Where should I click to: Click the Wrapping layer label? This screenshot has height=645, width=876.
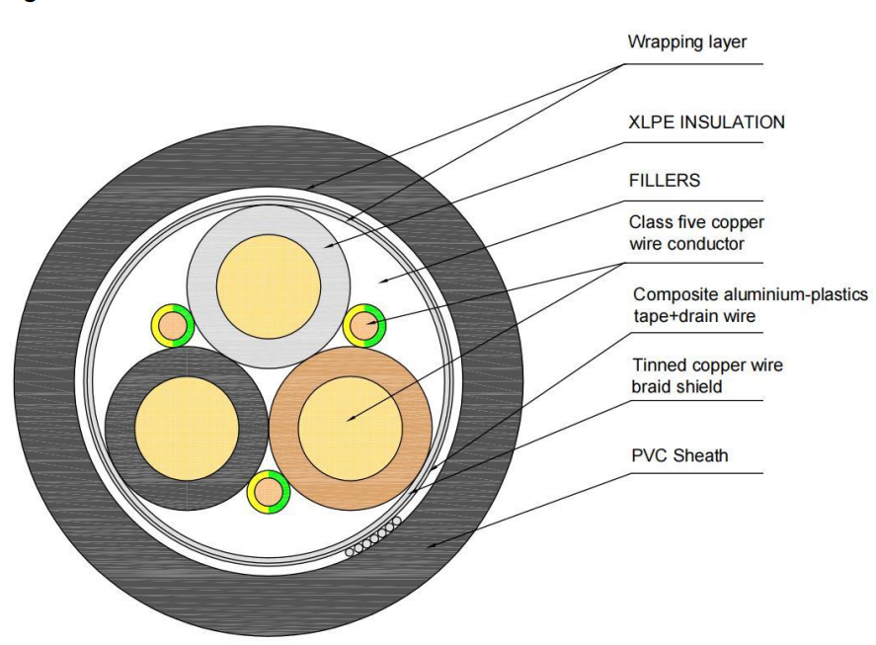tap(686, 42)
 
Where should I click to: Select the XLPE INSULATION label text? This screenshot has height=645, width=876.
tap(706, 122)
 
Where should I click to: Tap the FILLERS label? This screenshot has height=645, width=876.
tap(665, 181)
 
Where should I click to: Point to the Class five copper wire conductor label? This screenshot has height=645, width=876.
tap(696, 232)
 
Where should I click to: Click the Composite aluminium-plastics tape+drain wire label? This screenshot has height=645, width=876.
tap(751, 305)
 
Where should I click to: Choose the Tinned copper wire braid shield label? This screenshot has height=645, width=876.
tap(707, 375)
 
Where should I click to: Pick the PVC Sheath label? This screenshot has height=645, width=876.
tap(679, 455)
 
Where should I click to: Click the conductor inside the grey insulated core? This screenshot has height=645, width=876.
tap(269, 286)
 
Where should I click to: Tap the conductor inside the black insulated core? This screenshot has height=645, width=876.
tap(187, 428)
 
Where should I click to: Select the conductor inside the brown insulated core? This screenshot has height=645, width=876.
tap(351, 428)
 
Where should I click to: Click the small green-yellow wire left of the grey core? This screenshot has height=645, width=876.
tap(173, 325)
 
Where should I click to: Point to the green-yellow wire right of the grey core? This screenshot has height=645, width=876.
tap(364, 325)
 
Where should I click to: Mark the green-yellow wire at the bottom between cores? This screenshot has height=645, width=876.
tap(269, 493)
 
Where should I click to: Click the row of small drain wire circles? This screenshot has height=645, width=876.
tap(373, 536)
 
